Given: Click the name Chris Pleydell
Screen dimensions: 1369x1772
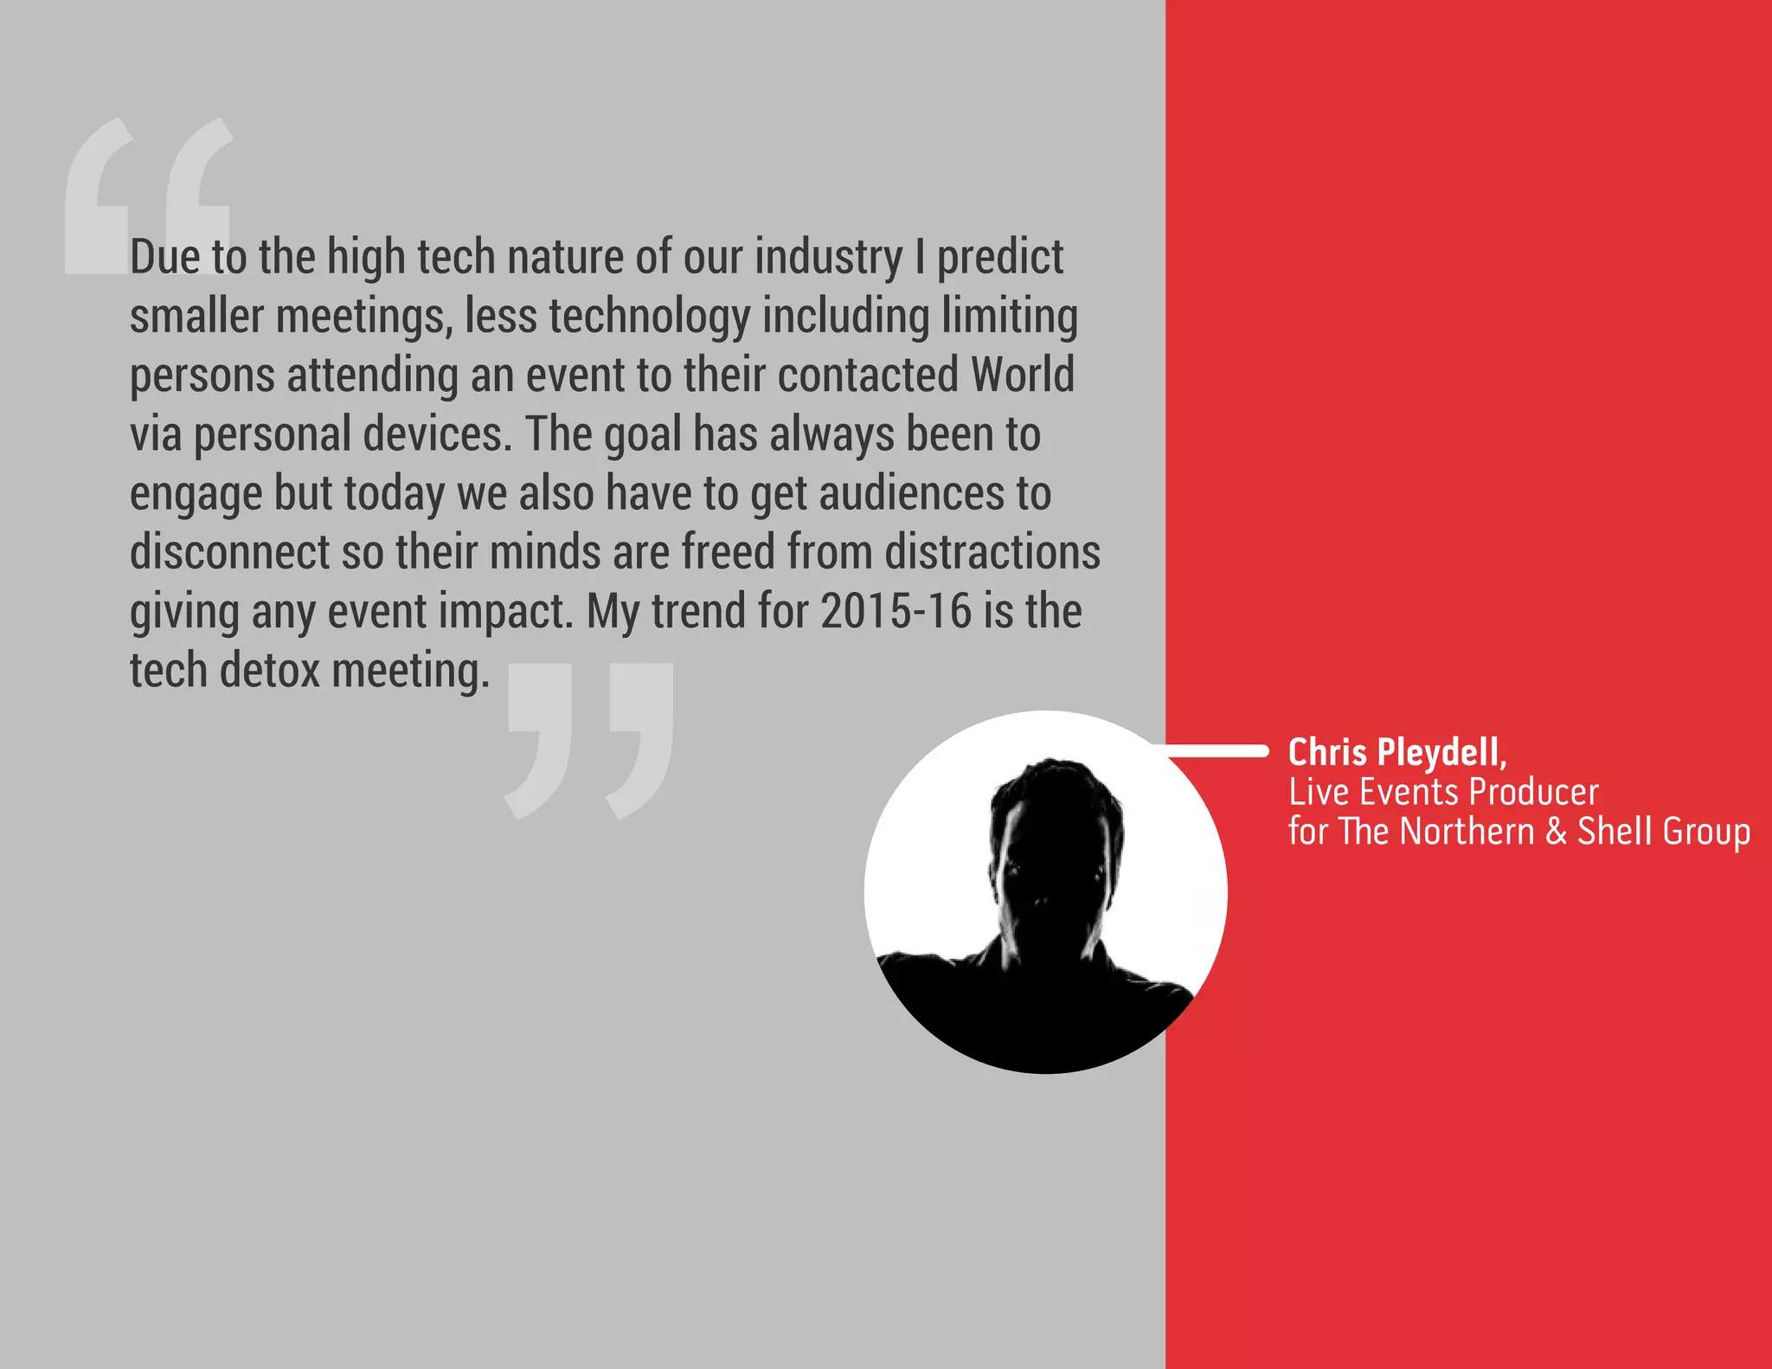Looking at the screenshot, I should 1396,752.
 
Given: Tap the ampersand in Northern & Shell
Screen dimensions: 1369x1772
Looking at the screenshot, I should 1556,831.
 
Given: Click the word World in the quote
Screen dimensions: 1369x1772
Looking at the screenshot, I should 1022,375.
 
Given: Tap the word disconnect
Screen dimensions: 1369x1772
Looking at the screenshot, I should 230,552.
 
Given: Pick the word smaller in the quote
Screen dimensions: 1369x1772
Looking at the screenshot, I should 196,316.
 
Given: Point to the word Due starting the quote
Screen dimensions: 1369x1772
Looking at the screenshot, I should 165,258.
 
